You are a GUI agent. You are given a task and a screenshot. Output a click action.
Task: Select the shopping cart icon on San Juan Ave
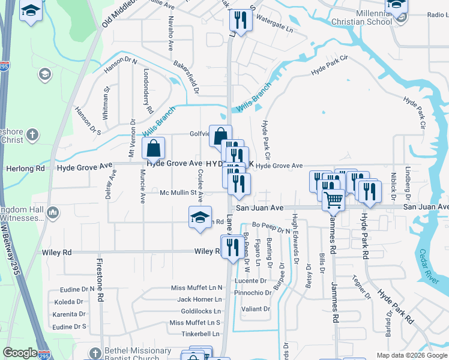pyautogui.click(x=333, y=200)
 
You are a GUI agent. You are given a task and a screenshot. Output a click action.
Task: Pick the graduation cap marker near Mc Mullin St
pyautogui.click(x=200, y=217)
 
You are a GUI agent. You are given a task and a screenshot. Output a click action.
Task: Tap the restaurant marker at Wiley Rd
pyautogui.click(x=232, y=246)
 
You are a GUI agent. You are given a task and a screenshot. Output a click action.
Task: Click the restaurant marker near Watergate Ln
pyautogui.click(x=239, y=20)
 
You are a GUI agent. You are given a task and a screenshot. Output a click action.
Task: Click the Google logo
pyautogui.click(x=20, y=353)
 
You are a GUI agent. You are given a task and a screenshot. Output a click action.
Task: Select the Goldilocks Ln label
pyautogui.click(x=201, y=311)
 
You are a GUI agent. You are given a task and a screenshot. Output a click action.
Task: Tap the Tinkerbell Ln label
pyautogui.click(x=200, y=334)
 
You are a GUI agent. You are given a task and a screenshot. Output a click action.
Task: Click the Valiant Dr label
pyautogui.click(x=256, y=309)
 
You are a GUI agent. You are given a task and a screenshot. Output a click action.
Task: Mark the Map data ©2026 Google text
pyautogui.click(x=411, y=355)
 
